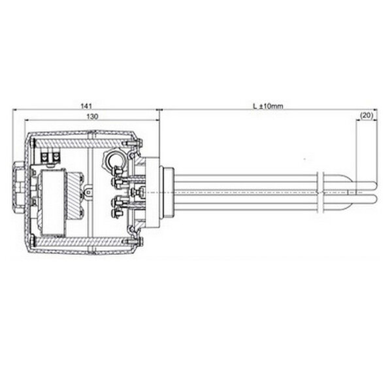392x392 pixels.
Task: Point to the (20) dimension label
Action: click(366, 116)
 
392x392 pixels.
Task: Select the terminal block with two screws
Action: click(51, 157)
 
